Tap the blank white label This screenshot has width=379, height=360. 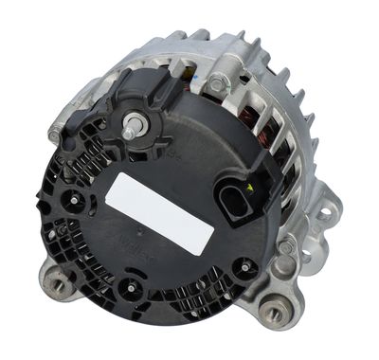[x=160, y=213]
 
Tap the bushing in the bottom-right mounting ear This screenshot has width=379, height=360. [x=276, y=310]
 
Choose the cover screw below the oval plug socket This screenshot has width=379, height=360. [x=244, y=268]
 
